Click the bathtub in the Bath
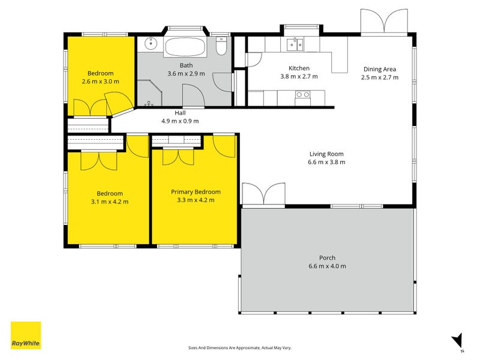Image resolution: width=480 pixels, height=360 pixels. pyautogui.click(x=185, y=47)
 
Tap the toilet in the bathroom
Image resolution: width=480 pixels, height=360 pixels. pyautogui.click(x=221, y=46)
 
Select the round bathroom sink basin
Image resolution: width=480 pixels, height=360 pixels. pyautogui.click(x=151, y=43)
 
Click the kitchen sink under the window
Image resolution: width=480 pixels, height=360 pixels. pyautogui.click(x=295, y=44)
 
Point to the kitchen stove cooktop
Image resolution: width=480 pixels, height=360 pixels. pyautogui.click(x=303, y=95)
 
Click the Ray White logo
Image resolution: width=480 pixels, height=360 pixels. pyautogui.click(x=26, y=335)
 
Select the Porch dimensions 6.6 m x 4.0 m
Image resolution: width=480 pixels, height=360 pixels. pyautogui.click(x=327, y=266)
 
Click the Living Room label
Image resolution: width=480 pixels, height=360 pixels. pyautogui.click(x=326, y=154)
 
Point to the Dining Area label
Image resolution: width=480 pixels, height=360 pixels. pyautogui.click(x=380, y=69)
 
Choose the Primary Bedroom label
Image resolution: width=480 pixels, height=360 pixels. pyautogui.click(x=196, y=192)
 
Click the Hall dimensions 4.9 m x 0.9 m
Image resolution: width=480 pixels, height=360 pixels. pyautogui.click(x=180, y=121)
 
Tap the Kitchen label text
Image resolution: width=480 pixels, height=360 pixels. pyautogui.click(x=299, y=68)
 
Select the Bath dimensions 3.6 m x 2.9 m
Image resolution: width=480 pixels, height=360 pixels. pyautogui.click(x=186, y=73)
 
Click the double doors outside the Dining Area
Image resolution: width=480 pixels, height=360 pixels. pyautogui.click(x=384, y=21)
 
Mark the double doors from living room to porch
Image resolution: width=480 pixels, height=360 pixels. pyautogui.click(x=263, y=194)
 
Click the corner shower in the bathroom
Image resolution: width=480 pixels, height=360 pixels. pyautogui.click(x=149, y=93)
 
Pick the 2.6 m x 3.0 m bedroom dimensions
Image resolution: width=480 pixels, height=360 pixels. pyautogui.click(x=100, y=82)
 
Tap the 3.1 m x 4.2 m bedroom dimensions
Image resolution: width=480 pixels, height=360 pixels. pyautogui.click(x=110, y=202)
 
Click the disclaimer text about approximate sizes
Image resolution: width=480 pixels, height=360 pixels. pyautogui.click(x=239, y=348)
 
